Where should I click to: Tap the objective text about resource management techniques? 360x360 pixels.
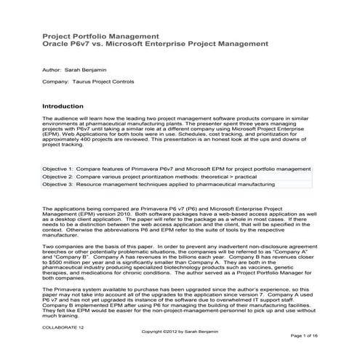182,185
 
